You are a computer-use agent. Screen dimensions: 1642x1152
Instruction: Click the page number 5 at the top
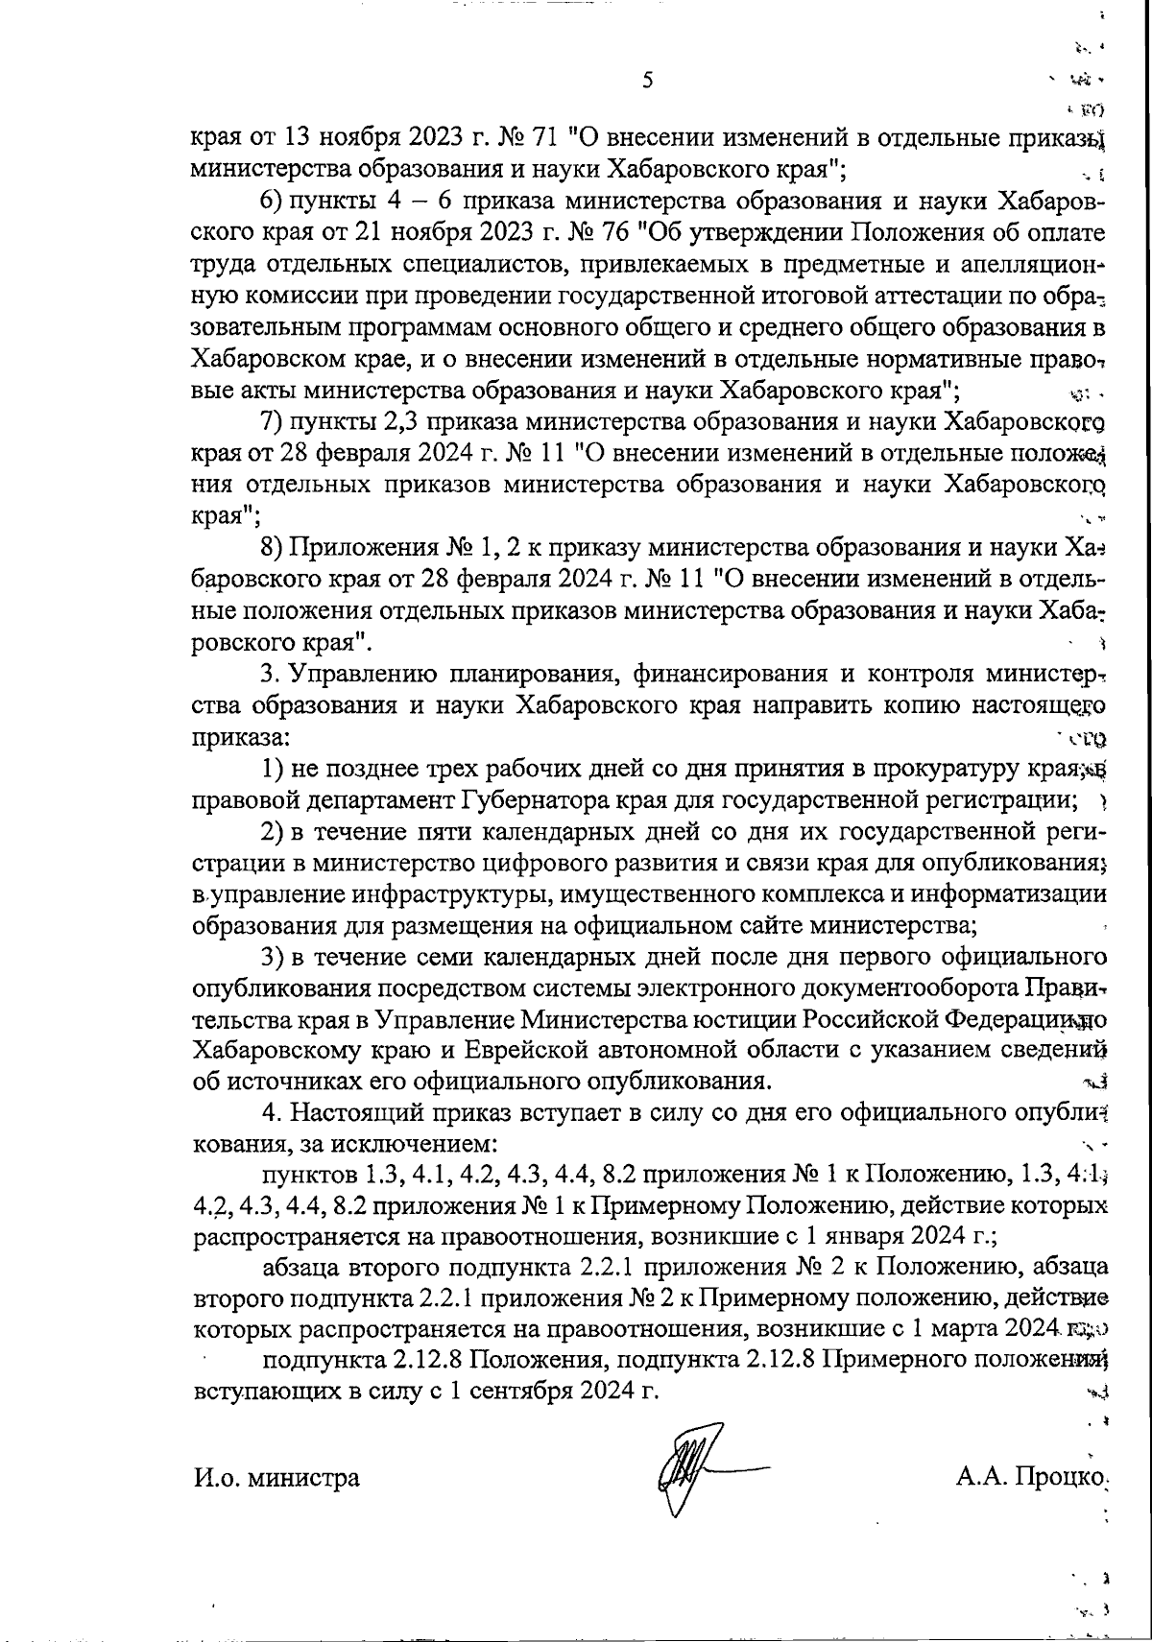click(x=646, y=81)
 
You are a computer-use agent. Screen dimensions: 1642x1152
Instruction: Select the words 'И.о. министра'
click(x=276, y=1477)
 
